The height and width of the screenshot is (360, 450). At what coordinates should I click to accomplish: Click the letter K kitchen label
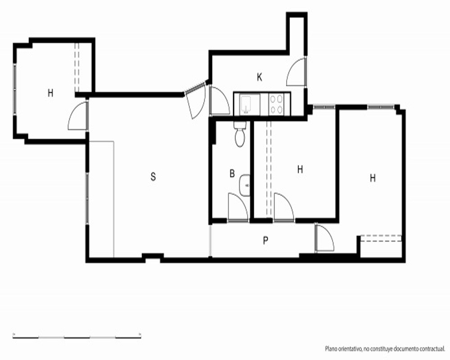260,77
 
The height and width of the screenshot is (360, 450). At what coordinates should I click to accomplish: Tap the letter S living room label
153,176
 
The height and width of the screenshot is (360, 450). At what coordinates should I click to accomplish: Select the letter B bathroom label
232,173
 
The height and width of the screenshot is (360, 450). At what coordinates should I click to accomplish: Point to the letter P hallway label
266,240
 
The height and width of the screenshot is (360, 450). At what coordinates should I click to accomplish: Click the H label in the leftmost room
50,93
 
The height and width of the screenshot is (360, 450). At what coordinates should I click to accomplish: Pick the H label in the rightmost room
373,178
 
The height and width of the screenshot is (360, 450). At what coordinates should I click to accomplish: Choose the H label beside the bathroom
300,169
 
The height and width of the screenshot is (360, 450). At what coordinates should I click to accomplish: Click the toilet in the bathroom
240,134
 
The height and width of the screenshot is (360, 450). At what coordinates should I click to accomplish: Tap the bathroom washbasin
244,185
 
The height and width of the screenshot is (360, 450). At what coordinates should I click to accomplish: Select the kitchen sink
247,103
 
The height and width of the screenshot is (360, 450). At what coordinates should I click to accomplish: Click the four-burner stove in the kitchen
276,104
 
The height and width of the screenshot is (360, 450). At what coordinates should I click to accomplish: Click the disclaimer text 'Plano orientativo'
343,349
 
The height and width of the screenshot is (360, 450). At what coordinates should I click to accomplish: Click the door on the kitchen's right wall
297,71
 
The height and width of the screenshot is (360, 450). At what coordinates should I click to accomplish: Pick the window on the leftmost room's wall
15,90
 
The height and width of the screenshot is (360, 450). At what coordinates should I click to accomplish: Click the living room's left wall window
87,198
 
